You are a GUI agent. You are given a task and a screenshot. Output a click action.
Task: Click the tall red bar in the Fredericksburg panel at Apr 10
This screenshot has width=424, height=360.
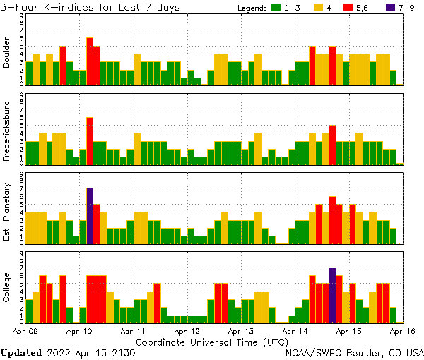pyautogui.click(x=90, y=140)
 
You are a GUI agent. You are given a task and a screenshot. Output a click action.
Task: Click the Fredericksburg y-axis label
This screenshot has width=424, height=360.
pyautogui.click(x=7, y=132)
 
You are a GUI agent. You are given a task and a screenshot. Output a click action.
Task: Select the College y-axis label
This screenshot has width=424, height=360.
pyautogui.click(x=7, y=289)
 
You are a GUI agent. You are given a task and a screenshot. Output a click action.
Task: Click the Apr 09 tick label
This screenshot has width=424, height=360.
pyautogui.click(x=25, y=330)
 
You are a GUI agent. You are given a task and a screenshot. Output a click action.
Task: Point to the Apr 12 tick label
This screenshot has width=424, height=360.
pyautogui.click(x=187, y=330)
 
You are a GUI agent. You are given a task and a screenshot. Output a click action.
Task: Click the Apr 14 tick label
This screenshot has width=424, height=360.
pyautogui.click(x=295, y=330)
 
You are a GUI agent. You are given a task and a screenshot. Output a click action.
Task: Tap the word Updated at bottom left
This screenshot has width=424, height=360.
pyautogui.click(x=21, y=352)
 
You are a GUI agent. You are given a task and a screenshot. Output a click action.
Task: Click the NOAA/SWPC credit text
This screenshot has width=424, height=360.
pyautogui.click(x=353, y=352)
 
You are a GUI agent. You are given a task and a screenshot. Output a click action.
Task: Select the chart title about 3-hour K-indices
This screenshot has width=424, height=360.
pyautogui.click(x=90, y=7)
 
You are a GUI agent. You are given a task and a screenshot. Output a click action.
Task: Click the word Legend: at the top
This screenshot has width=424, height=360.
pyautogui.click(x=251, y=7)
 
